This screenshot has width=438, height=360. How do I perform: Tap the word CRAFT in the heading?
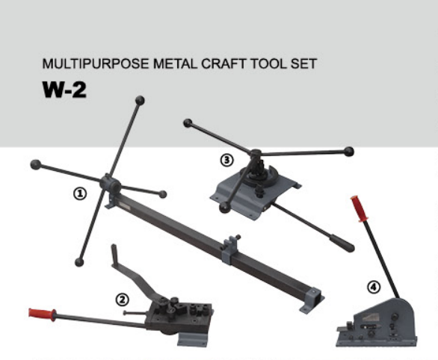(x=221, y=63)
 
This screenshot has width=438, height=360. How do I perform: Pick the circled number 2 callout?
(x=122, y=299)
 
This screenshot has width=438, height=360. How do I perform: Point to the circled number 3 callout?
(x=226, y=159)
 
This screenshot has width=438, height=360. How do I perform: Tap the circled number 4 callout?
(x=373, y=285)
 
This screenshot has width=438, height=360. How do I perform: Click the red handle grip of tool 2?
(x=40, y=312)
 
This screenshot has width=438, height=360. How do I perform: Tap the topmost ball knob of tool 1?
(x=140, y=99)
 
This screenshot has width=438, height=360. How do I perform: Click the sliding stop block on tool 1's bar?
(x=231, y=245)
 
